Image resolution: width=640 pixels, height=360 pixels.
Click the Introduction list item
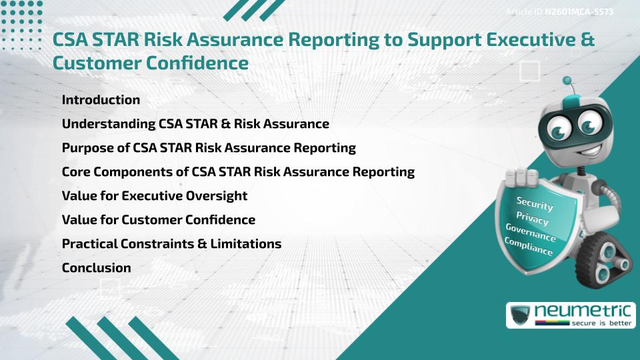pyautogui.click(x=101, y=100)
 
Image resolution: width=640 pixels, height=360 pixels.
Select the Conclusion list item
pyautogui.click(x=96, y=268)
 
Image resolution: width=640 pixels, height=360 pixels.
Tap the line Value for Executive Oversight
pyautogui.click(x=154, y=196)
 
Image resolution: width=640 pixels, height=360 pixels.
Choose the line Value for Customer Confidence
pyautogui.click(x=158, y=220)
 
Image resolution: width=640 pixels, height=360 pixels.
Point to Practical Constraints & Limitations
pyautogui.click(x=171, y=244)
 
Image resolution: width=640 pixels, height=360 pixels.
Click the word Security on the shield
pyautogui.click(x=535, y=203)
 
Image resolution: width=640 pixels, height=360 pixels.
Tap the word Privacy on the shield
pyautogui.click(x=532, y=218)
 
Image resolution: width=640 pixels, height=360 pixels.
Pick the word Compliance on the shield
pyautogui.click(x=529, y=246)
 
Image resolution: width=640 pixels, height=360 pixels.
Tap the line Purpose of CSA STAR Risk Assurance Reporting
pyautogui.click(x=209, y=148)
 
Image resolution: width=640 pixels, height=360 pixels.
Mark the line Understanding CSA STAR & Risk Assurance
pyautogui.click(x=195, y=124)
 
